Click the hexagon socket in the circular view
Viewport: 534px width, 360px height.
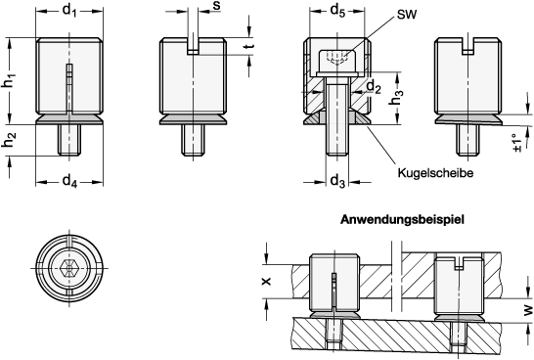click(68, 268)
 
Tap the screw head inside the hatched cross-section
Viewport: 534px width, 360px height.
click(336, 60)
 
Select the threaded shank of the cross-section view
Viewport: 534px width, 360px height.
click(336, 122)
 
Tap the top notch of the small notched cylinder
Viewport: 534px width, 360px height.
click(459, 264)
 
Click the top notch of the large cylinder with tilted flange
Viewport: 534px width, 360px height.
click(467, 46)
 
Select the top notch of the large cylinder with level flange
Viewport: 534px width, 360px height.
click(193, 46)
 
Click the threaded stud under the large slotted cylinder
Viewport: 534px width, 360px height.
click(69, 139)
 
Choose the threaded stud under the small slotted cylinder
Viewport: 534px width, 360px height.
click(334, 330)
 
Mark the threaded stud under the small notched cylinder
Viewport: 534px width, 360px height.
click(459, 333)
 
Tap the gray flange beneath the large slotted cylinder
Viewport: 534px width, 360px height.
click(69, 119)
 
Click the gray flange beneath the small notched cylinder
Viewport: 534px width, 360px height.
click(459, 317)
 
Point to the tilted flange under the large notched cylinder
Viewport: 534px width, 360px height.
click(468, 119)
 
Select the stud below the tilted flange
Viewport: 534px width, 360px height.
click(468, 139)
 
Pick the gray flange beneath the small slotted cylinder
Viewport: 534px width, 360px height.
click(334, 315)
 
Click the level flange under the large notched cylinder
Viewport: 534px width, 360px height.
click(193, 119)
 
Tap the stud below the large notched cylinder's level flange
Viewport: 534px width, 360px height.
click(193, 139)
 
